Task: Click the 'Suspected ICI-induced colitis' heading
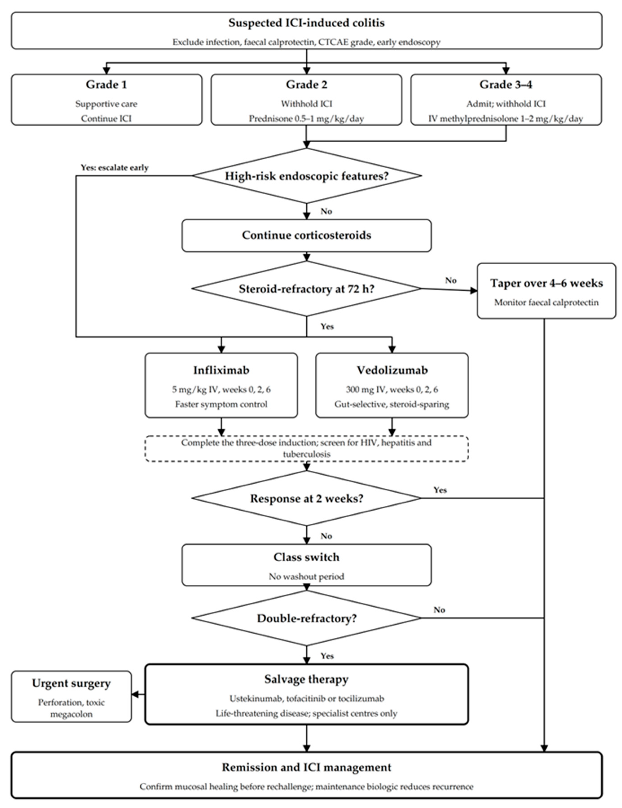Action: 306,23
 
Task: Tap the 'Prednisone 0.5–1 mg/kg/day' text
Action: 306,119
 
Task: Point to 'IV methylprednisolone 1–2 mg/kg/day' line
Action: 506,119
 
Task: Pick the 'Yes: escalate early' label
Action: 115,168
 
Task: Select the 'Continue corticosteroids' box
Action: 306,236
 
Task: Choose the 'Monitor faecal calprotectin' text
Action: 547,303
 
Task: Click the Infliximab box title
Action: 221,370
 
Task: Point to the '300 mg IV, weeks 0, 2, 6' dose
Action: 392,390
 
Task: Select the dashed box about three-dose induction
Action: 306,448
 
